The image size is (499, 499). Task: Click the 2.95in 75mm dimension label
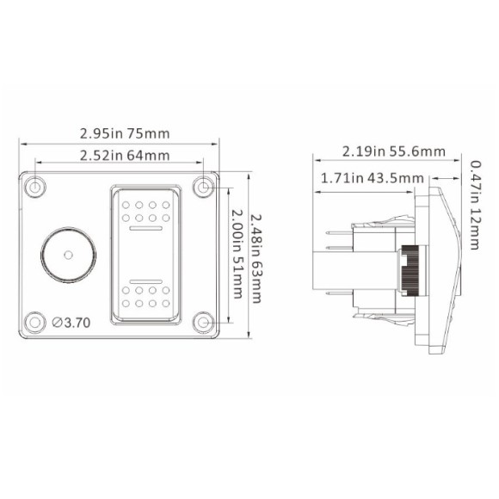125,133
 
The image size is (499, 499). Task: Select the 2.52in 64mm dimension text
125,156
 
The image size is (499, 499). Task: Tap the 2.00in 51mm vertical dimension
237,254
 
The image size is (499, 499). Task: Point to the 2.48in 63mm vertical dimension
256,259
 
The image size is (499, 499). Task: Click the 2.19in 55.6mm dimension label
394,151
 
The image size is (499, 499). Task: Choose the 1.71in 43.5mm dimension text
373,178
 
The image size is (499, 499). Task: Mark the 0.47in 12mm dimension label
476,206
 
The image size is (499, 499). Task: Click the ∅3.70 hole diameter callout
71,323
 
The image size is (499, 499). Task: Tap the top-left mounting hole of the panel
34,187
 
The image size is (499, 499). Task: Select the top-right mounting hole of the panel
203,187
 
